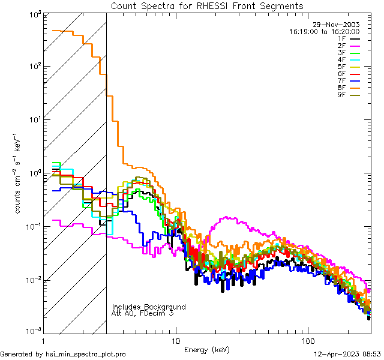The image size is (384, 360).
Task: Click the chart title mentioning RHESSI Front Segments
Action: click(207, 6)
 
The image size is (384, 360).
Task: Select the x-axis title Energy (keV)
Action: click(206, 349)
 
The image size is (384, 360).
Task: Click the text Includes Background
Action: click(149, 307)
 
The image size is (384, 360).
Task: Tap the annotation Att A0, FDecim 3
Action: click(143, 313)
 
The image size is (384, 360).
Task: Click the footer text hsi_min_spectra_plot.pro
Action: click(85, 354)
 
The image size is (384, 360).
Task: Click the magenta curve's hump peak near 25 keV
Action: click(226, 218)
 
